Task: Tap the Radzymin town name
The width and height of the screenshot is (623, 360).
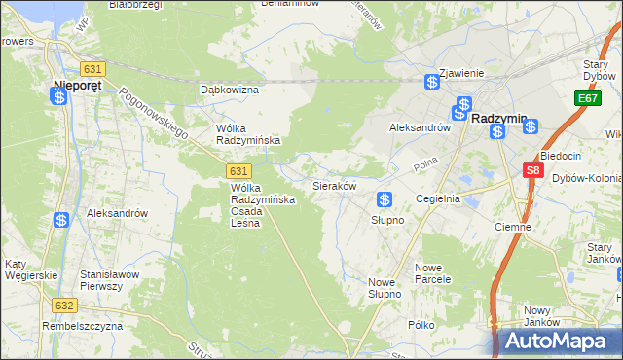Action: [x=498, y=118]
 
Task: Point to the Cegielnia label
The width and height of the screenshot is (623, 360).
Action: [x=437, y=198]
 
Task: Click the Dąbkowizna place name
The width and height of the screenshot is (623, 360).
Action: [x=229, y=90]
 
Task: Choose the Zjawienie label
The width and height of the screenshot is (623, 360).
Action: [x=461, y=73]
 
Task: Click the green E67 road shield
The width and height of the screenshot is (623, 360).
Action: [x=586, y=99]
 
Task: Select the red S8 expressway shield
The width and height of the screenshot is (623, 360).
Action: [x=531, y=170]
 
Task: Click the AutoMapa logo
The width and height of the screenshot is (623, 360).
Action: [x=555, y=342]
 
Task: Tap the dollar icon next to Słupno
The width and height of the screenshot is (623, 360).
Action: [x=385, y=199]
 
